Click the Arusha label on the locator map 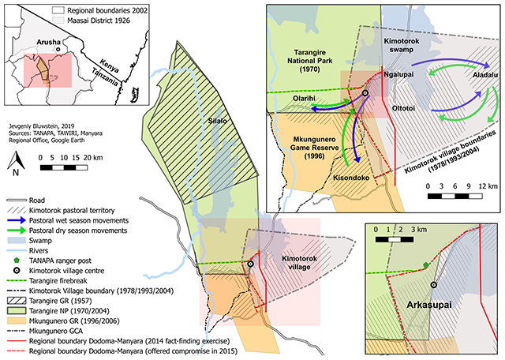pos(48,42)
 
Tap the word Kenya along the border pos(109,66)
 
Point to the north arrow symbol pos(16,163)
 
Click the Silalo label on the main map pos(218,121)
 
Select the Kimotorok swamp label pos(402,46)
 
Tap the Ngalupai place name pos(398,74)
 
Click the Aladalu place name pos(485,75)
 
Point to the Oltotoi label pos(403,108)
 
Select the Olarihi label pos(304,99)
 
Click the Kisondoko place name pos(351,178)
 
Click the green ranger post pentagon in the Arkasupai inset pos(426,265)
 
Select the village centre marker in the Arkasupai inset pos(434,285)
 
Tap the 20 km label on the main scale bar pos(93,158)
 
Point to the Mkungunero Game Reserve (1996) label pos(314,148)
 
